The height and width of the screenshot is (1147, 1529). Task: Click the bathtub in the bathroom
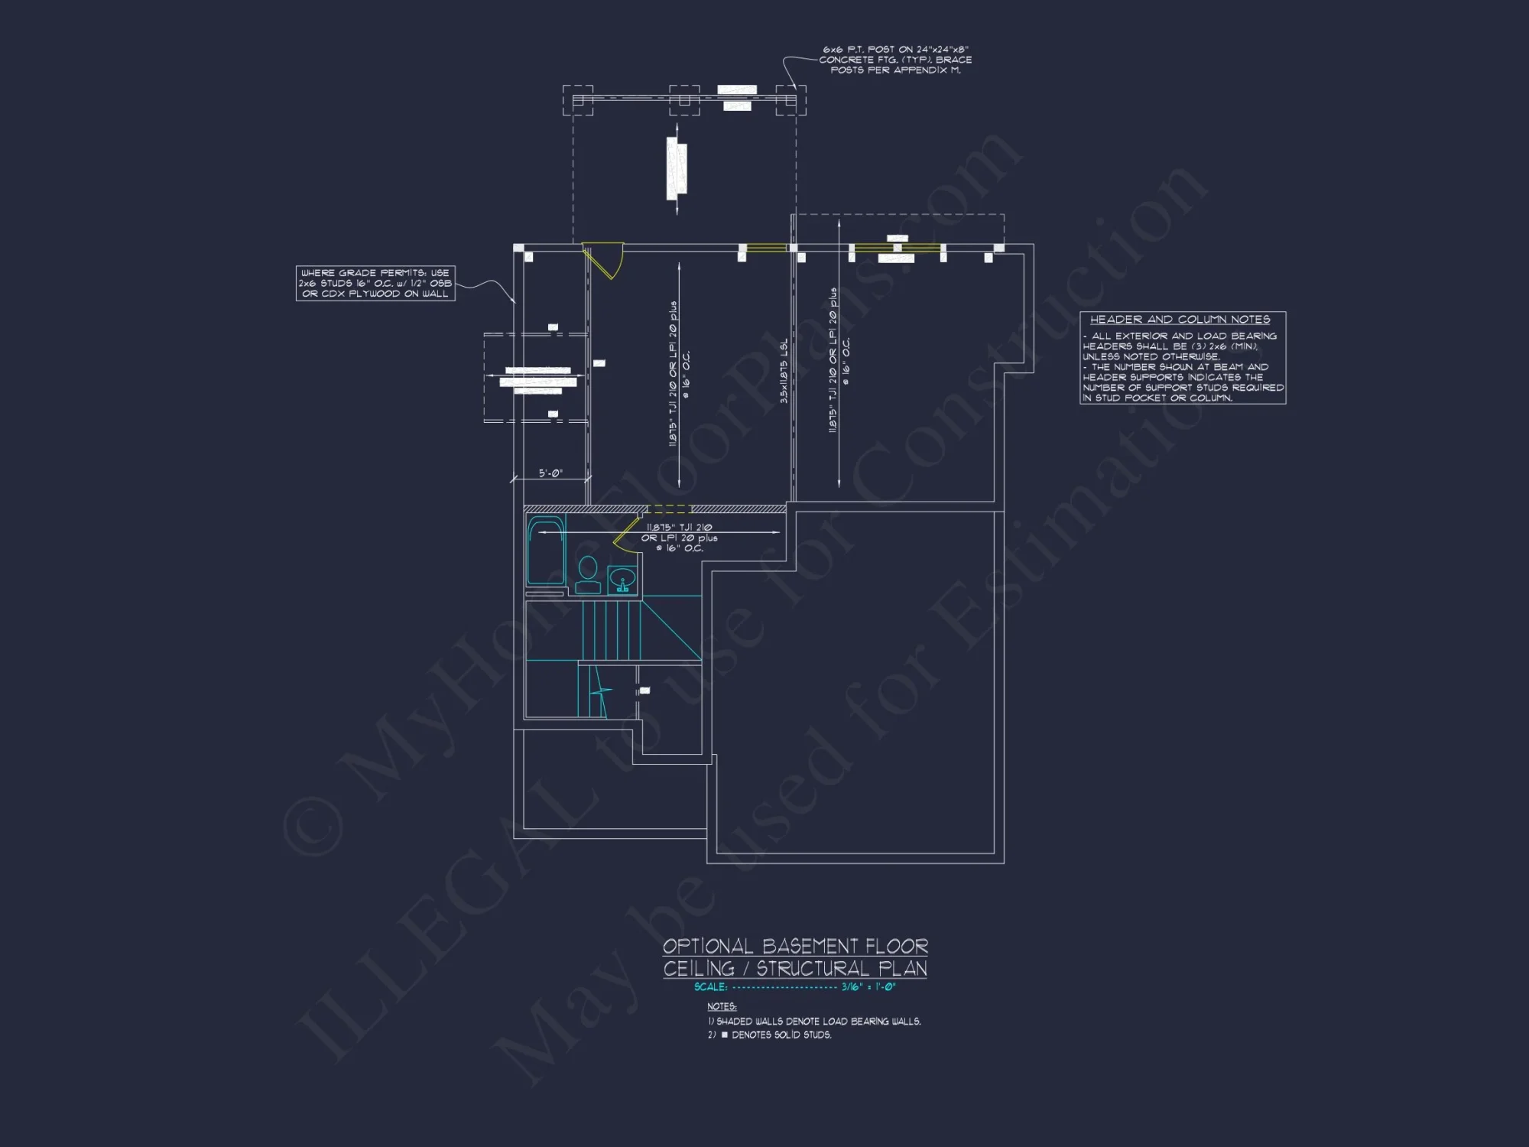point(546,552)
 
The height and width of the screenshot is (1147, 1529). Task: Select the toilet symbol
point(588,575)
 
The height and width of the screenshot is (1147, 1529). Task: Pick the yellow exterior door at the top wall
point(604,260)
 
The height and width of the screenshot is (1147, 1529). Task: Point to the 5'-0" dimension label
point(550,473)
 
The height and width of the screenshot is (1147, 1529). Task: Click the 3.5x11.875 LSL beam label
point(784,371)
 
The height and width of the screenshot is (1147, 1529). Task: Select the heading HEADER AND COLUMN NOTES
point(1180,320)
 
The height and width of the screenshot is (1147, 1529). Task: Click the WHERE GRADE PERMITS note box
point(375,283)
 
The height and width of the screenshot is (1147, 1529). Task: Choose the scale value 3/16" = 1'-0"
point(868,987)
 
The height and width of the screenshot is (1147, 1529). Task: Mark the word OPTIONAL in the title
point(708,947)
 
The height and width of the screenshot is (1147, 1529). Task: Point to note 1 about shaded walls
point(814,1022)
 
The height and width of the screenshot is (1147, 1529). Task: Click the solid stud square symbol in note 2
point(725,1035)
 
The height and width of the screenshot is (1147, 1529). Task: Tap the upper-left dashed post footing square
point(578,100)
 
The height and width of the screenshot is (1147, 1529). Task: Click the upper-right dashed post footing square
point(790,100)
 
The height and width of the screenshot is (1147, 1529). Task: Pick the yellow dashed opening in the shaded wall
point(669,509)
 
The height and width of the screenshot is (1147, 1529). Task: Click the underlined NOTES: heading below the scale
point(722,1006)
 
